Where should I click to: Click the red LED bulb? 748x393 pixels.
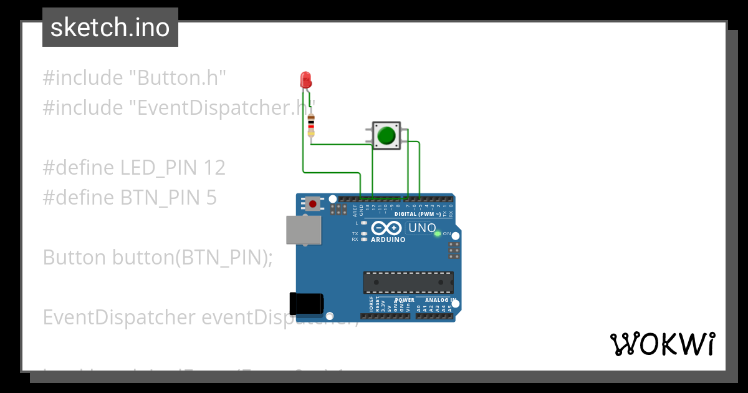point(305,79)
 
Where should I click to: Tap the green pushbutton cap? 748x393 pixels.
point(387,135)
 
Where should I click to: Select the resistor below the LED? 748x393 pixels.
point(311,125)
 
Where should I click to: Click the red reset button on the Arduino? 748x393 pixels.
point(312,203)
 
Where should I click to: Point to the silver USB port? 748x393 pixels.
point(304,230)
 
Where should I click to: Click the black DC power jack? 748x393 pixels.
point(306,303)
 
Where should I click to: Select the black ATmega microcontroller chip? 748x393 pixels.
point(408,283)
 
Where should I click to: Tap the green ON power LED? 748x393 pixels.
point(438,233)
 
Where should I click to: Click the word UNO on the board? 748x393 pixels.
point(422,228)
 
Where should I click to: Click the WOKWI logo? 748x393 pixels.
point(662,344)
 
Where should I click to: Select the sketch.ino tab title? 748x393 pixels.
point(110,27)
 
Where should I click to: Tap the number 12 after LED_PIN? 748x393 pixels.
point(214,168)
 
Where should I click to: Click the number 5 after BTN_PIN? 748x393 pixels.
point(211,198)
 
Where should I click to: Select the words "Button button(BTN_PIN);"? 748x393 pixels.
point(158,258)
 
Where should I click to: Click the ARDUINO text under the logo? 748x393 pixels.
point(388,240)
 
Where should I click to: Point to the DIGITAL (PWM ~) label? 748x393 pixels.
point(417,214)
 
